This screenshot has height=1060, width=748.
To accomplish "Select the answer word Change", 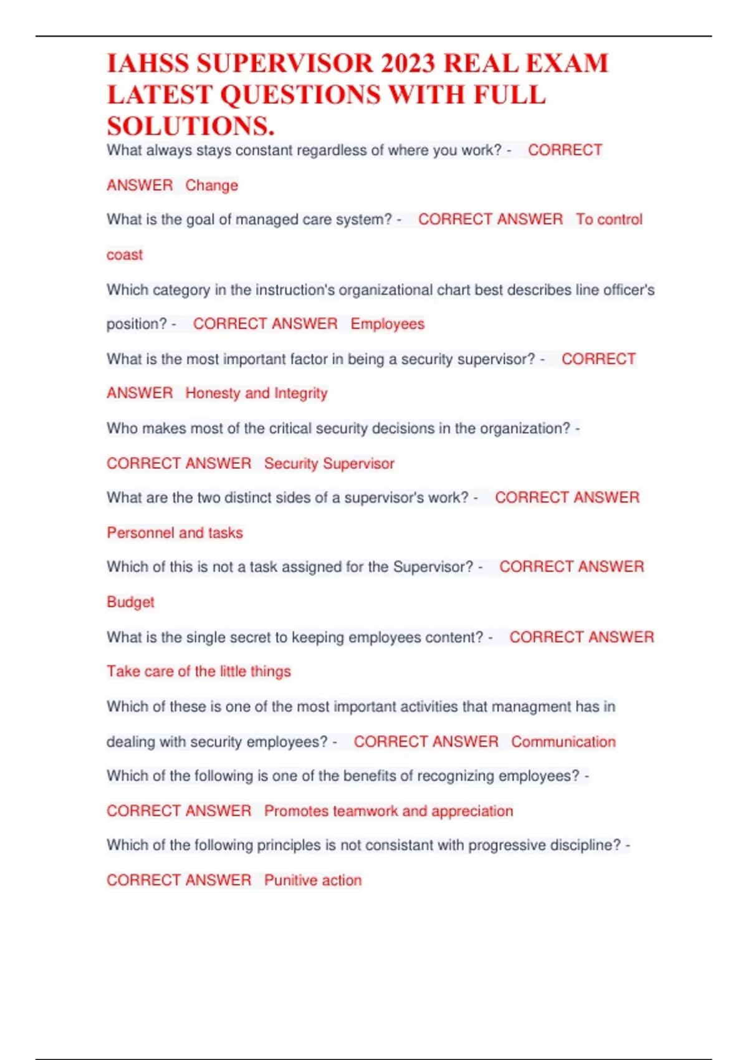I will (211, 185).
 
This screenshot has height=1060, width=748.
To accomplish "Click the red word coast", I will (125, 254).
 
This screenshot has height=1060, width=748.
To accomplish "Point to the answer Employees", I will (387, 324).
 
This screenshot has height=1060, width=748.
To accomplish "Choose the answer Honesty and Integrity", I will (256, 393).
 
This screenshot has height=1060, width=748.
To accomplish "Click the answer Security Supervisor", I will (329, 463).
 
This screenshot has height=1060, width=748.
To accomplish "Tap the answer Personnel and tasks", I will (175, 532).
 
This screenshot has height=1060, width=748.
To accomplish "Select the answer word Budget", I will (130, 602).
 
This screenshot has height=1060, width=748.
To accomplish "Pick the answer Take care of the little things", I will (198, 671).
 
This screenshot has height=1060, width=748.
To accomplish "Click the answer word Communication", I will (563, 741).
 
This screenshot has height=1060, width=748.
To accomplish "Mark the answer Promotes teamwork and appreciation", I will (388, 811).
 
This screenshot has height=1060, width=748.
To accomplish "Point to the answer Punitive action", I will (313, 880).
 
